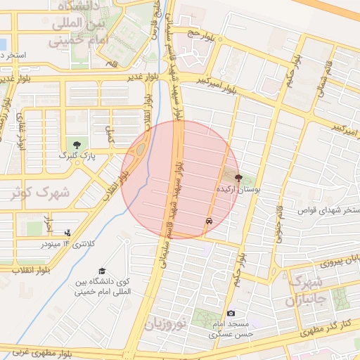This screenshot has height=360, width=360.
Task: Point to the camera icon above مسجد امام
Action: click(x=231, y=313)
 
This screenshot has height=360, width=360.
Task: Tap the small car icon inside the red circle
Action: click(x=210, y=221)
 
